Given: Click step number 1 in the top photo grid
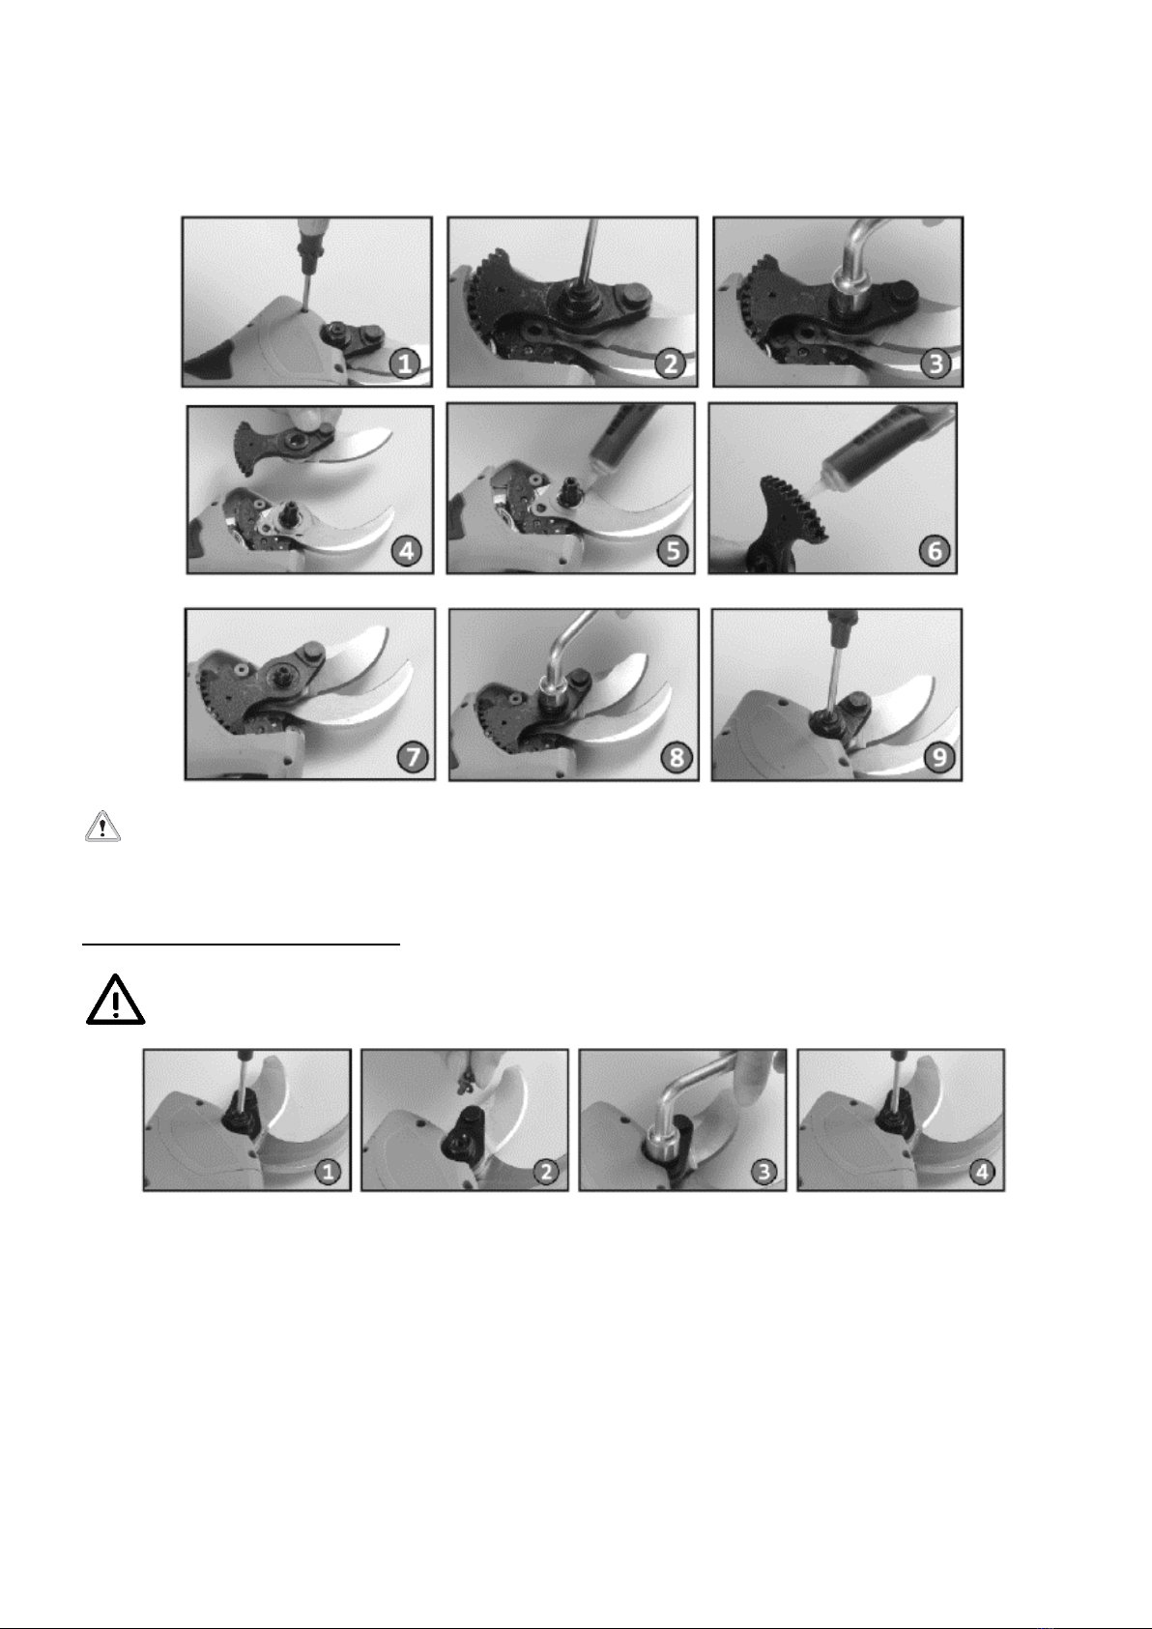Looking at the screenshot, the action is click(x=406, y=363).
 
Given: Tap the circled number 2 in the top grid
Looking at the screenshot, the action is click(x=670, y=363).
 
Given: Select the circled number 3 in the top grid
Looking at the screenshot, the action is click(x=936, y=363).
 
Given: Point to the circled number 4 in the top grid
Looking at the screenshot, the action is click(x=406, y=550).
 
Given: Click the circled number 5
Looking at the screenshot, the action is click(x=673, y=550).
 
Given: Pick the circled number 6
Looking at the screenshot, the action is click(x=935, y=550).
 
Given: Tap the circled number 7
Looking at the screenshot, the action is click(x=412, y=757).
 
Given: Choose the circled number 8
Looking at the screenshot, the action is click(x=676, y=757).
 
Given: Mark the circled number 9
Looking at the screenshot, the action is click(x=939, y=757).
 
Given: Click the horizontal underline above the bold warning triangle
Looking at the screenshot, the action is click(x=242, y=945).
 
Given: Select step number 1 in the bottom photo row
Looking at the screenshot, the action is click(x=328, y=1172).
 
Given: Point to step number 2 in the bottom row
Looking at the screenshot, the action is click(x=546, y=1172).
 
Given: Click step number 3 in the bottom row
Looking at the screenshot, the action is click(x=763, y=1172).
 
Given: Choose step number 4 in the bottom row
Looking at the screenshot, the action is click(x=983, y=1172).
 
